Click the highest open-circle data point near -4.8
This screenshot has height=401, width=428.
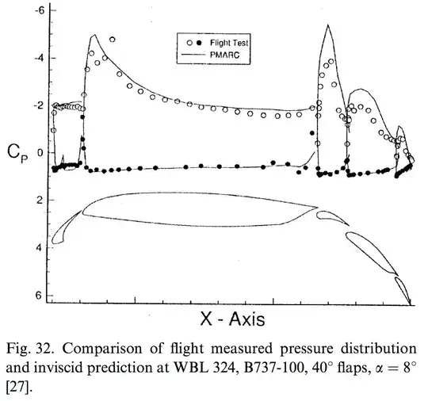click(x=112, y=39)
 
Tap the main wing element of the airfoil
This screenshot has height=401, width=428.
click(x=198, y=210)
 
